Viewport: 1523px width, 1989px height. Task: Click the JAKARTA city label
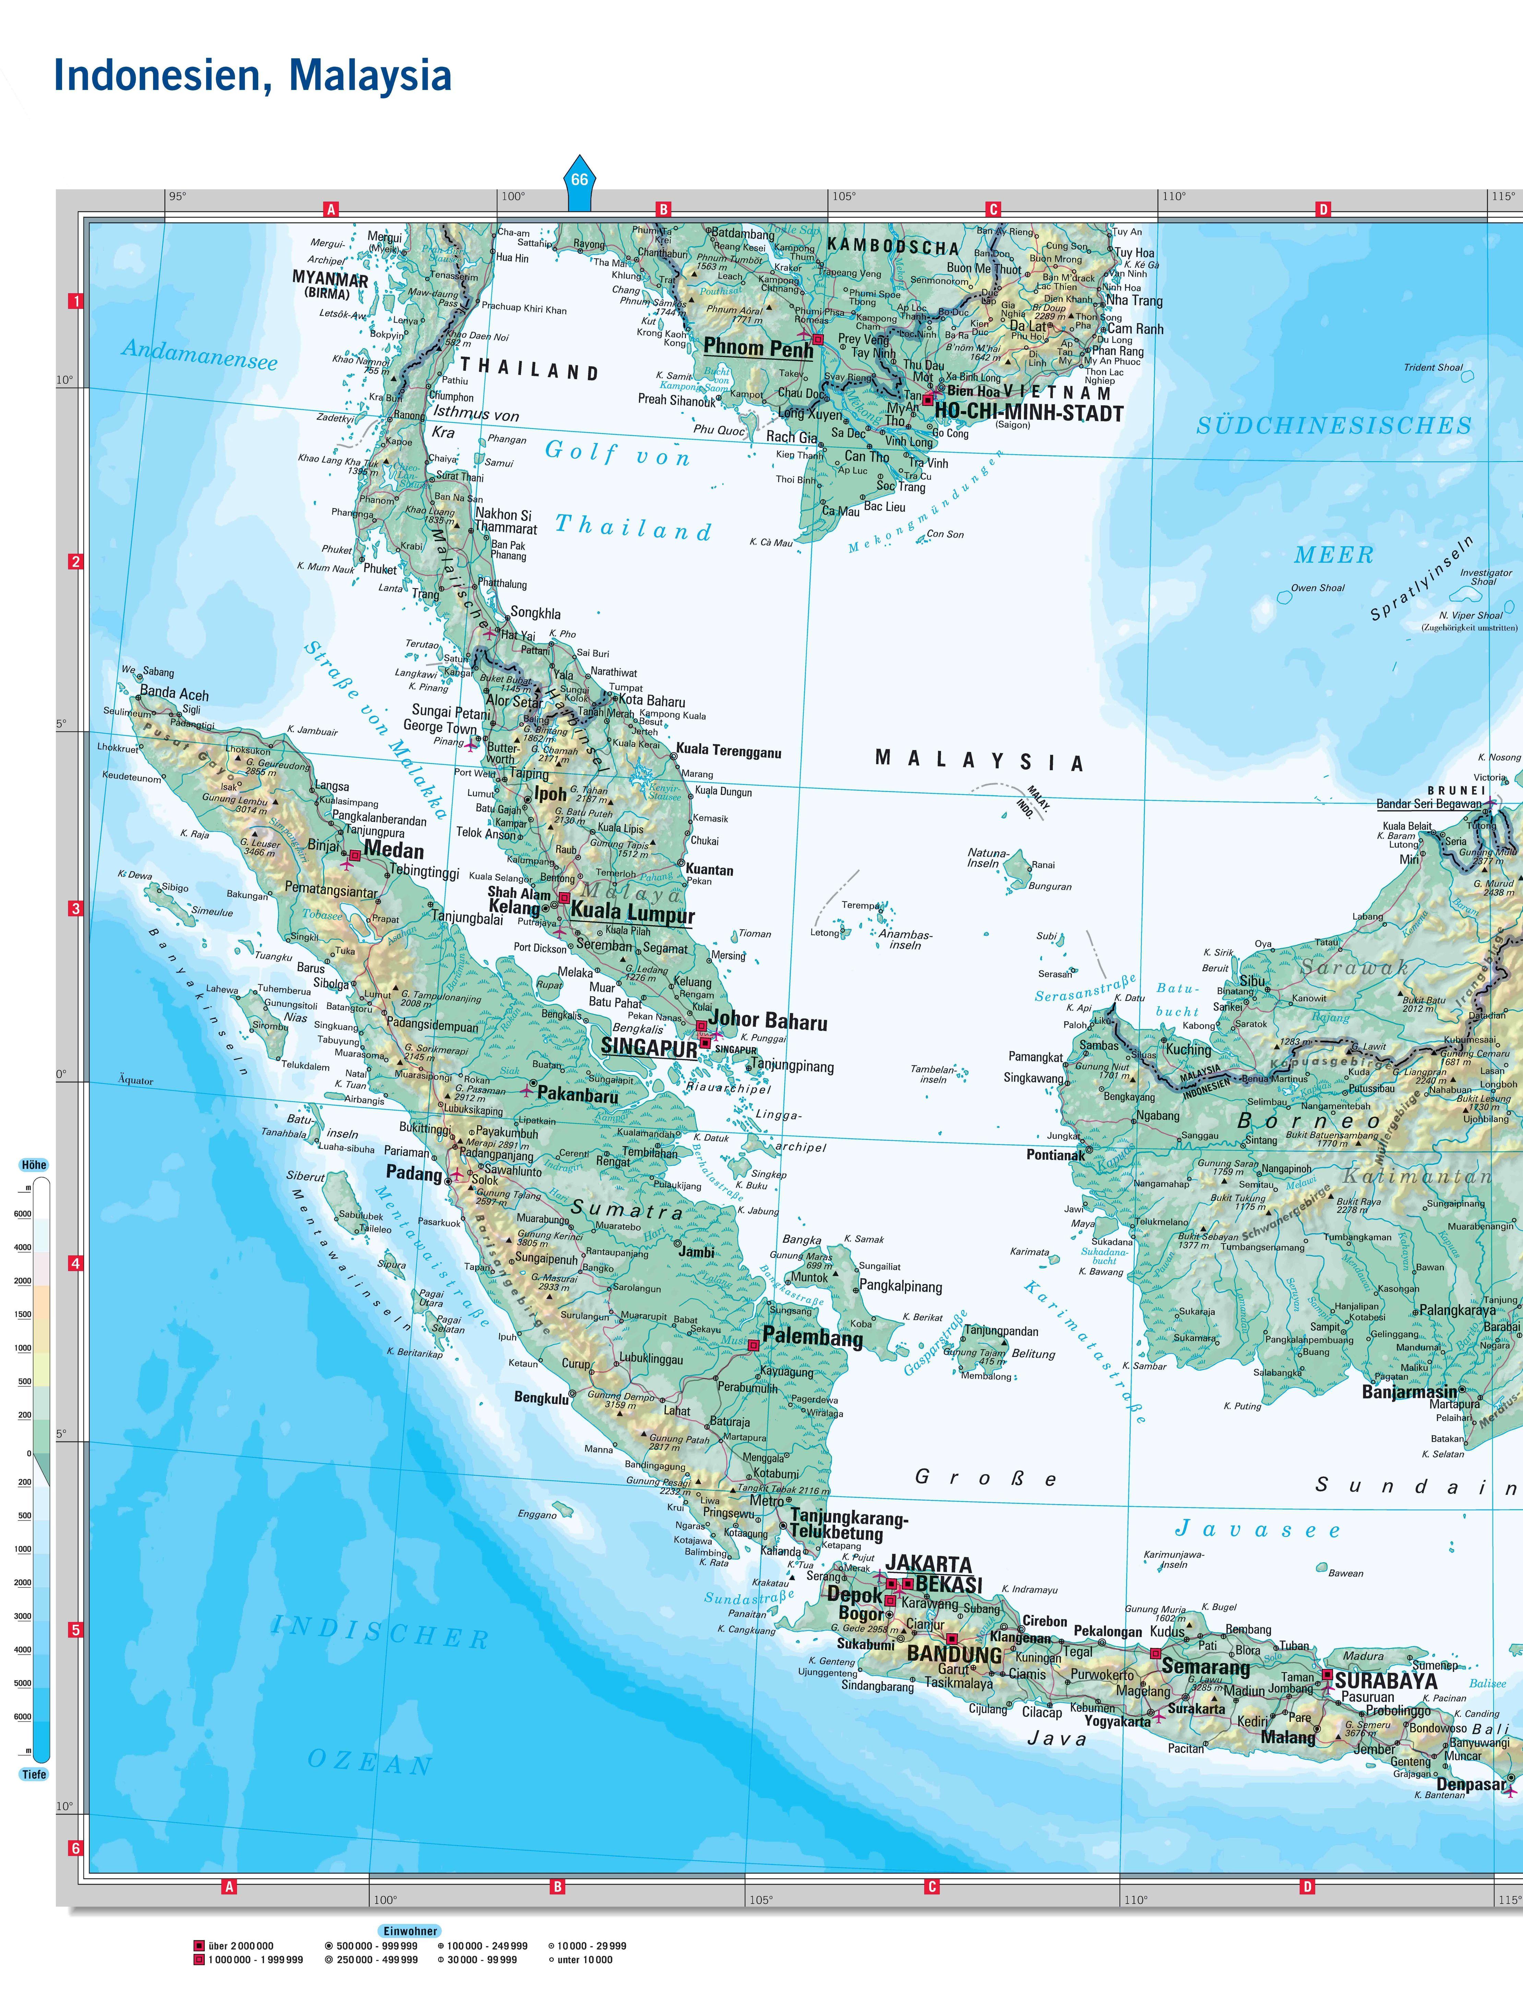click(x=928, y=1564)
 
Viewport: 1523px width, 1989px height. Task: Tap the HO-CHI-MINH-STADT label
click(x=1029, y=413)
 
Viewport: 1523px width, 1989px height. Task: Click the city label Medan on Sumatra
click(x=393, y=850)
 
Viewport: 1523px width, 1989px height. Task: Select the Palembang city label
click(x=812, y=1337)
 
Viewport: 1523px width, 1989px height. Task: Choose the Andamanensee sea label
click(x=200, y=354)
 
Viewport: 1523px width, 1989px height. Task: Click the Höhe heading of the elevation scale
click(x=34, y=1165)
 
